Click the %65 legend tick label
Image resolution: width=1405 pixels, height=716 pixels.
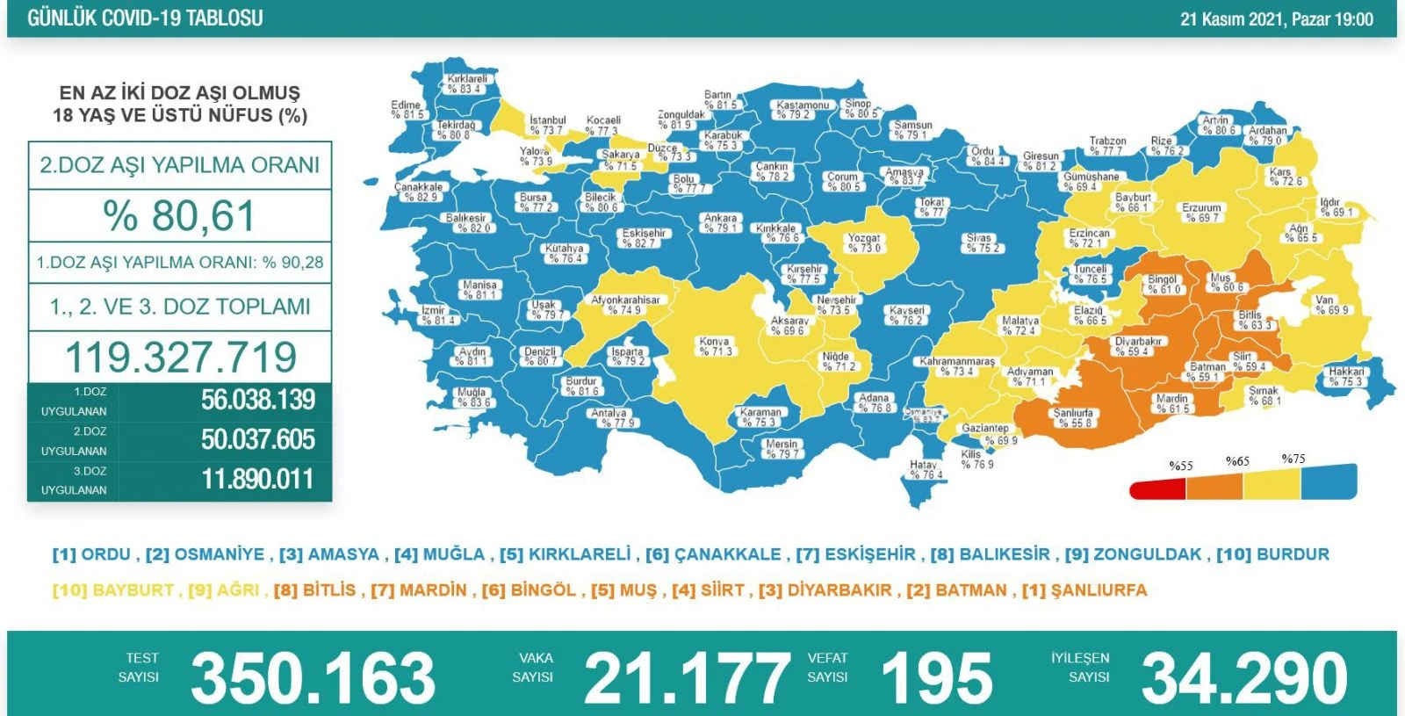(1237, 461)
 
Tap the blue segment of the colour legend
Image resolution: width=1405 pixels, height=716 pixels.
(1329, 482)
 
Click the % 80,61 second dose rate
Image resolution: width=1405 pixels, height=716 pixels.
(179, 216)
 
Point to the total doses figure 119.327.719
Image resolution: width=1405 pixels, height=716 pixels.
(181, 357)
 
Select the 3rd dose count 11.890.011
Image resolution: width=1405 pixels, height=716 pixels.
(257, 480)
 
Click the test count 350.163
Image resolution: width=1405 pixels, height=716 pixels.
(313, 678)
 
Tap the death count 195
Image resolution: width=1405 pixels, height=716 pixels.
(936, 678)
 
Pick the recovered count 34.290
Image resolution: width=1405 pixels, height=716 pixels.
(1244, 678)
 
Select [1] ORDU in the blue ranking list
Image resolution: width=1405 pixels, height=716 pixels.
(91, 554)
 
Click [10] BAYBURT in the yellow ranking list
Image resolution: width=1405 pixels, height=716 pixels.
(112, 590)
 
